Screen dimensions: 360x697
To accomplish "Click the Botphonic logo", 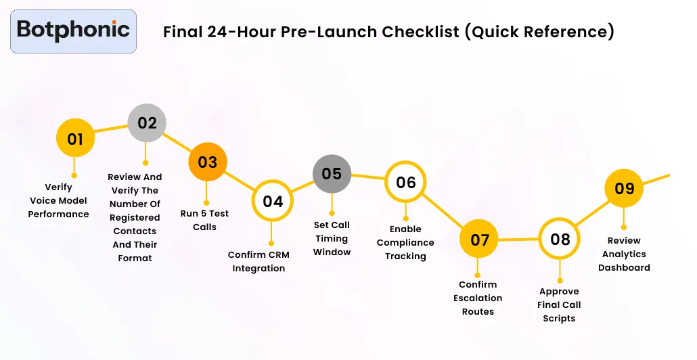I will (73, 30).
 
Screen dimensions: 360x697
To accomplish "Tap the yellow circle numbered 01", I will (75, 139).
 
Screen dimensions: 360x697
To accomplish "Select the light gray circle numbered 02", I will (147, 123).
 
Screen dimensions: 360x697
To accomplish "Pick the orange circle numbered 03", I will (207, 162).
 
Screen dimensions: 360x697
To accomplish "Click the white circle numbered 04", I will (273, 202).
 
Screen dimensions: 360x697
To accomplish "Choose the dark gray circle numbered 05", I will (332, 174).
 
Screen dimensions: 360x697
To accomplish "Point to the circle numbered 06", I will (405, 183).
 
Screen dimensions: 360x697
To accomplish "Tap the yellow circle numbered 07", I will (479, 240).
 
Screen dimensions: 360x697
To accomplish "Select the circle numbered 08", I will (560, 240).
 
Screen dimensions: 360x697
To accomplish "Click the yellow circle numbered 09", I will (624, 188).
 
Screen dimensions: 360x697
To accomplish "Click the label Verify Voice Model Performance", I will (58, 200).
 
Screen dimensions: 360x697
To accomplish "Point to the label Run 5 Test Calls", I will (204, 220).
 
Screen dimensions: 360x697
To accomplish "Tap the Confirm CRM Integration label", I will (258, 261).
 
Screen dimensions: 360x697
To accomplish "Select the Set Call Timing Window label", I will (332, 238).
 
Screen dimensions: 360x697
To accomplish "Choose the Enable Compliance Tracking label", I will (405, 242).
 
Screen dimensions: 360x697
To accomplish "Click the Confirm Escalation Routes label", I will (478, 298).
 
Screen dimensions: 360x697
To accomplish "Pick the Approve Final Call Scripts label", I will (559, 305).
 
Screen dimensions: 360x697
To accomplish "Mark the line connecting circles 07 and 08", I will (519, 240).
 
